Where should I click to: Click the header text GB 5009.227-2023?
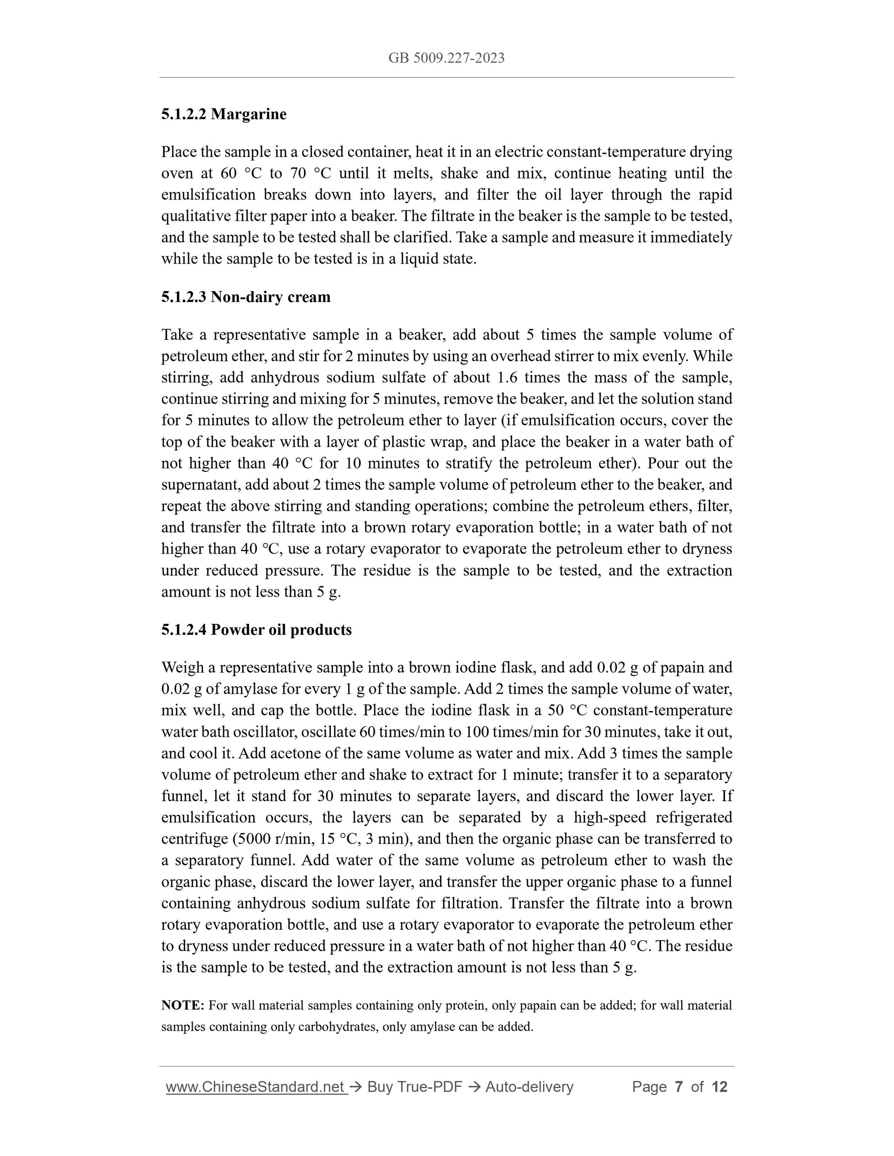pyautogui.click(x=446, y=58)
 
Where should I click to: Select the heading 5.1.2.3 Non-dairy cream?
pyautogui.click(x=246, y=297)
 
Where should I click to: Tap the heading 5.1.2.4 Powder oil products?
pyautogui.click(x=256, y=629)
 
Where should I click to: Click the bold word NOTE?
pyautogui.click(x=183, y=1005)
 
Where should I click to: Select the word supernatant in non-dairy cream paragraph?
pyautogui.click(x=198, y=485)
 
